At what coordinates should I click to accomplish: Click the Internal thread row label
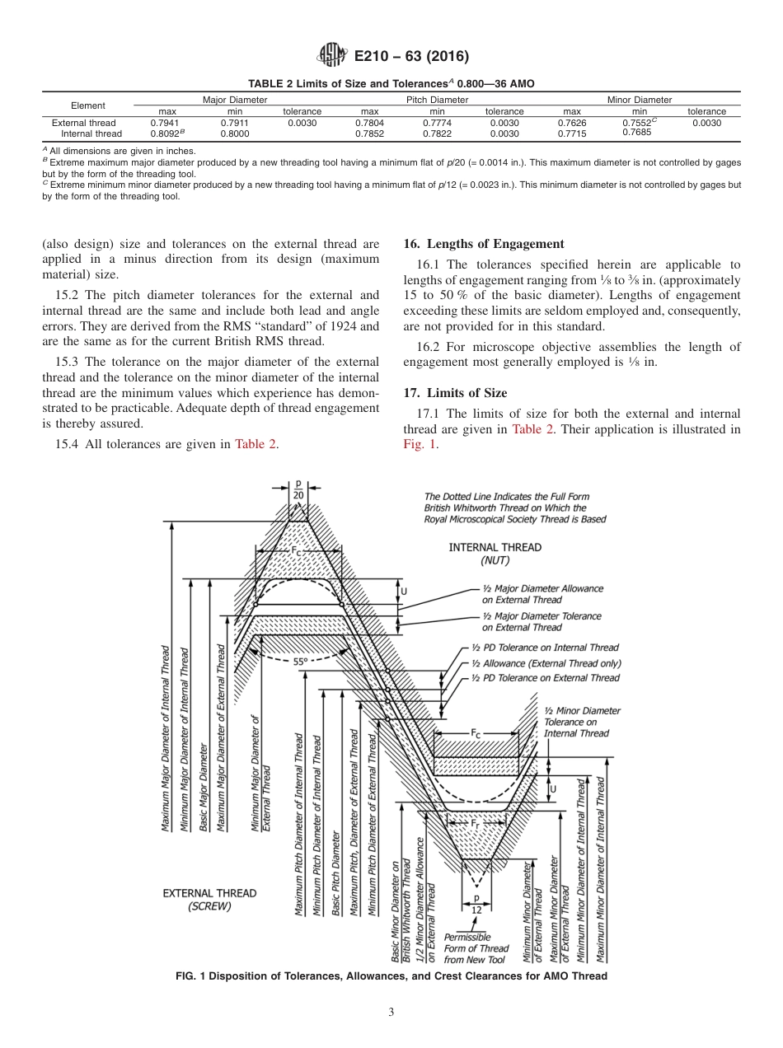(91, 133)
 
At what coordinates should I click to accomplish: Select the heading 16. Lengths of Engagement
(483, 244)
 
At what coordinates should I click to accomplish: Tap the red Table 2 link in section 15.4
(256, 445)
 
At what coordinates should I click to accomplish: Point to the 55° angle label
(300, 661)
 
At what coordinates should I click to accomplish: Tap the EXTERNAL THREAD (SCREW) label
(209, 899)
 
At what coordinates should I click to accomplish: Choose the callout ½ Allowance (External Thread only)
(546, 663)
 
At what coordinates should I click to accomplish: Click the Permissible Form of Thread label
(475, 948)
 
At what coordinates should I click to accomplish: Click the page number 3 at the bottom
(391, 1012)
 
